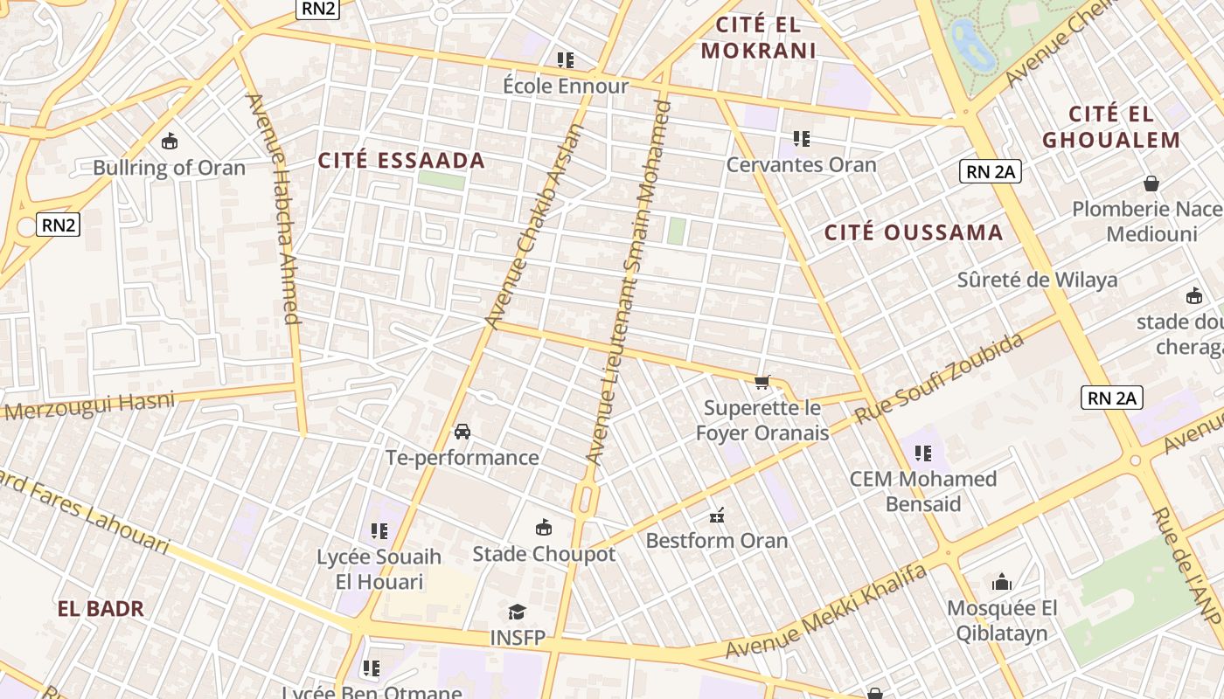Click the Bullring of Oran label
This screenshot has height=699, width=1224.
tap(169, 168)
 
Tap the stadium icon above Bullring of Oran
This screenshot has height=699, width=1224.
tap(170, 140)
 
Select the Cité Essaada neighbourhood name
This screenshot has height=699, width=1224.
tap(401, 161)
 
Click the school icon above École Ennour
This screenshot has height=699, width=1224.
tap(566, 60)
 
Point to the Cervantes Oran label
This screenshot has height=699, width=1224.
tap(801, 164)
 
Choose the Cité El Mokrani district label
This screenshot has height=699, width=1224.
tap(758, 38)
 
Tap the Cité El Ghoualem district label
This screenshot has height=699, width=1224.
tap(1111, 127)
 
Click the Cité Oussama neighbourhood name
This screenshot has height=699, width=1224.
tap(914, 232)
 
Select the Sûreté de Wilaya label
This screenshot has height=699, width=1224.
tap(1037, 280)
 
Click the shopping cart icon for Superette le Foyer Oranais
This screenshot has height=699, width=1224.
tap(762, 382)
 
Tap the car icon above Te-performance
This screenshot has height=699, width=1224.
tap(462, 432)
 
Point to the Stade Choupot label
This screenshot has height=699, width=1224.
tap(544, 554)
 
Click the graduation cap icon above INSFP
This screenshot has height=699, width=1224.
tap(518, 612)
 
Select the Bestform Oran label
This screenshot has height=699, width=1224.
tap(716, 541)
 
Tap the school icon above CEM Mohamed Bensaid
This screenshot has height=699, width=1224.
tap(922, 453)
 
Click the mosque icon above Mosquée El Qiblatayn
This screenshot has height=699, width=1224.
tap(1002, 582)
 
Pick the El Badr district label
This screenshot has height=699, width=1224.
tap(101, 609)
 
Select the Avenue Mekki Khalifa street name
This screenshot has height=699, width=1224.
tap(825, 612)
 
